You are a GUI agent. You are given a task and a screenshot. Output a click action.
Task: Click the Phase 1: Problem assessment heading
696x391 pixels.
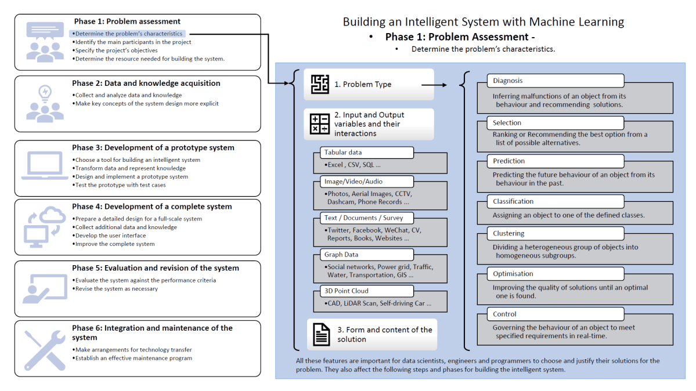[x=127, y=22]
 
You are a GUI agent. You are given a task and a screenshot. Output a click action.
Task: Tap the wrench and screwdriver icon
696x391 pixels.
[x=45, y=350]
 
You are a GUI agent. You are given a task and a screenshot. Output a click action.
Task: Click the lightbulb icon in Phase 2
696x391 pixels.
[x=45, y=93]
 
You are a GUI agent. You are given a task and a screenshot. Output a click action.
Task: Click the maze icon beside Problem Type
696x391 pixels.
[x=320, y=84]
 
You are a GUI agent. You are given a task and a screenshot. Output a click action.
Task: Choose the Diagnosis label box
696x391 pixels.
[x=550, y=81]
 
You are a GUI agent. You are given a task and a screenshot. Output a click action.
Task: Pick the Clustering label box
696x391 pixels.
[x=550, y=233]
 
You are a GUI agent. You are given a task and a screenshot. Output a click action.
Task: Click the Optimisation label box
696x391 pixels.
[x=550, y=274]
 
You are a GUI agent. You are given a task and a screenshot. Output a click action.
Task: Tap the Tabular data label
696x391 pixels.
[x=366, y=153]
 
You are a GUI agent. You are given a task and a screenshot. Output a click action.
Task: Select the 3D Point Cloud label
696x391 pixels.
[x=366, y=291]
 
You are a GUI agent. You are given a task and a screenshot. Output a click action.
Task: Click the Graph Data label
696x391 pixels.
[x=366, y=255]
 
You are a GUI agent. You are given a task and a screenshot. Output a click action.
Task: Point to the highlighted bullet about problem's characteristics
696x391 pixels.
[x=128, y=34]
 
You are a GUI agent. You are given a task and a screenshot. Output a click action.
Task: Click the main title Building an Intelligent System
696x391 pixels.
[x=483, y=22]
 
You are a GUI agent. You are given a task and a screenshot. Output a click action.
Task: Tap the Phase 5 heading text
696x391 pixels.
[x=155, y=269]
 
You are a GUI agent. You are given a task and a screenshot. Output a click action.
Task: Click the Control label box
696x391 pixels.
[x=550, y=314]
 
